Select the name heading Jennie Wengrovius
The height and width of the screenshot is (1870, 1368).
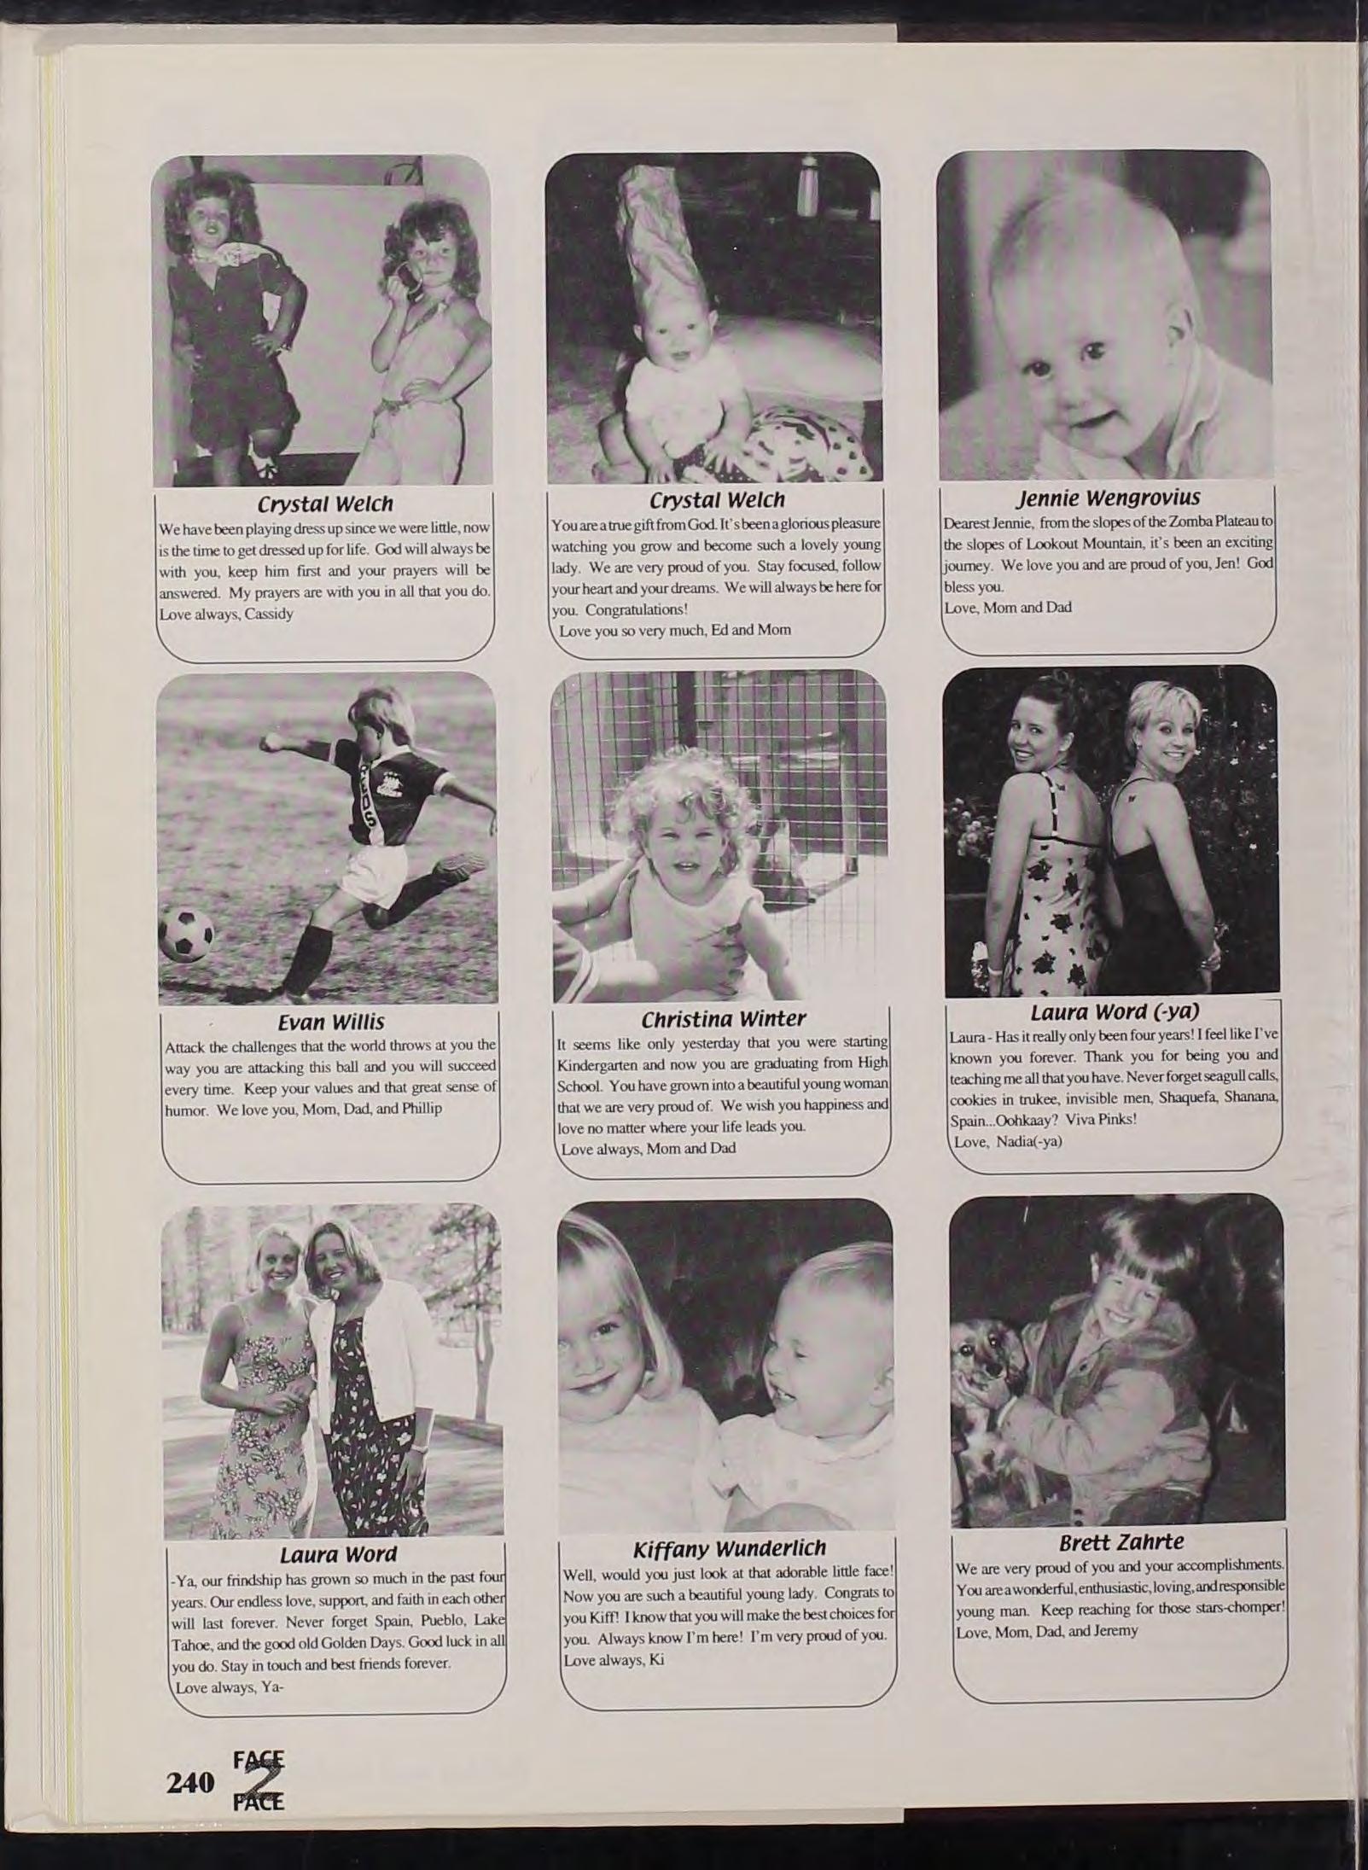point(1108,497)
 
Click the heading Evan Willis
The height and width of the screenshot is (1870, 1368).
point(331,1022)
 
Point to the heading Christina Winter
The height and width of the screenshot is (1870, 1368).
point(723,1019)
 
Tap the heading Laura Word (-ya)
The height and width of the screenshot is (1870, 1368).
point(1115,1012)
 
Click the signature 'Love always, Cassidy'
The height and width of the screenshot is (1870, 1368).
point(226,614)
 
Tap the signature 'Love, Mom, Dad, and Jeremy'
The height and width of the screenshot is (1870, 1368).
point(1047,1631)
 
